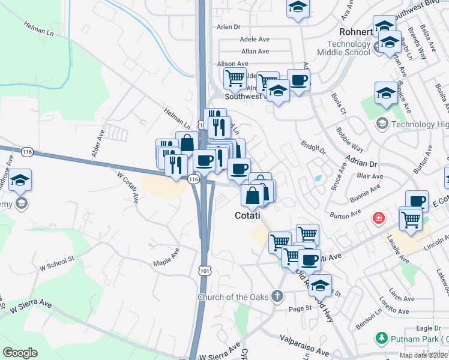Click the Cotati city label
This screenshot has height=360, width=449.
(247, 215)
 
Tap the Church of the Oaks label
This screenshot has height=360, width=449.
(234, 297)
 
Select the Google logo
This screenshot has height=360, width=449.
(20, 353)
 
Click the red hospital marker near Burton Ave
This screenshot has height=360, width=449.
(379, 217)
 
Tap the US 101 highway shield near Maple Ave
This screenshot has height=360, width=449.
(205, 271)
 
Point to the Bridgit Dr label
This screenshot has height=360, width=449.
(313, 146)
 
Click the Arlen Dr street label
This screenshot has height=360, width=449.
(228, 27)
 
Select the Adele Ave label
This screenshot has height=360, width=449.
(255, 39)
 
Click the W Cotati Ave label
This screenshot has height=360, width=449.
(128, 187)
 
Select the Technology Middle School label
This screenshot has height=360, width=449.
(348, 48)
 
